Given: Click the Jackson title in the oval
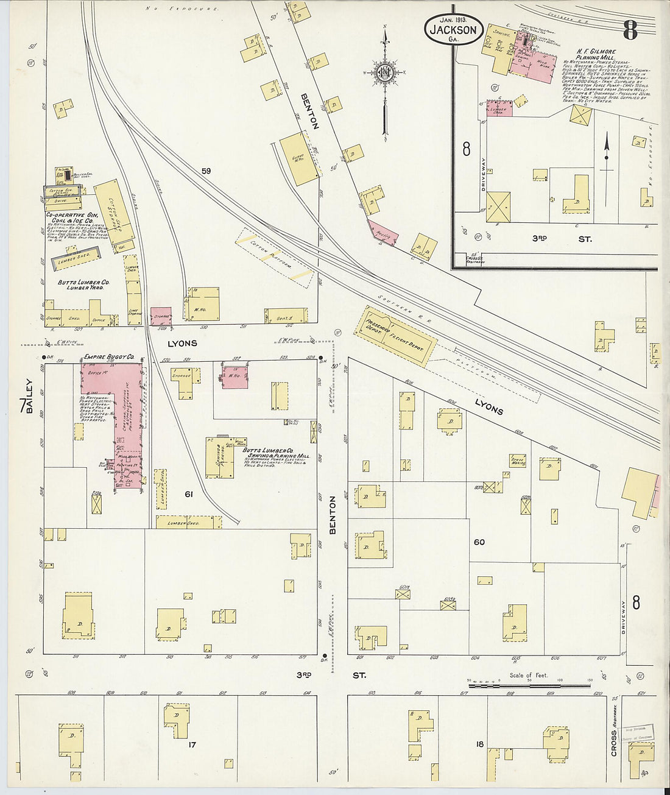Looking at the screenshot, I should pos(454,30).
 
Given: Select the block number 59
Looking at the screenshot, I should pos(206,171).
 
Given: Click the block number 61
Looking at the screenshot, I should pos(189,494).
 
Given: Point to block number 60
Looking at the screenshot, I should pos(479,542).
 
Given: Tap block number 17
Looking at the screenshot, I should pos(191,744).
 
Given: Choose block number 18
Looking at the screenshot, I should pos(479,744).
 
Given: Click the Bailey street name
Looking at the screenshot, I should pos(29,397).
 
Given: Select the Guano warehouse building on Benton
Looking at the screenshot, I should pos(298,158).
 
